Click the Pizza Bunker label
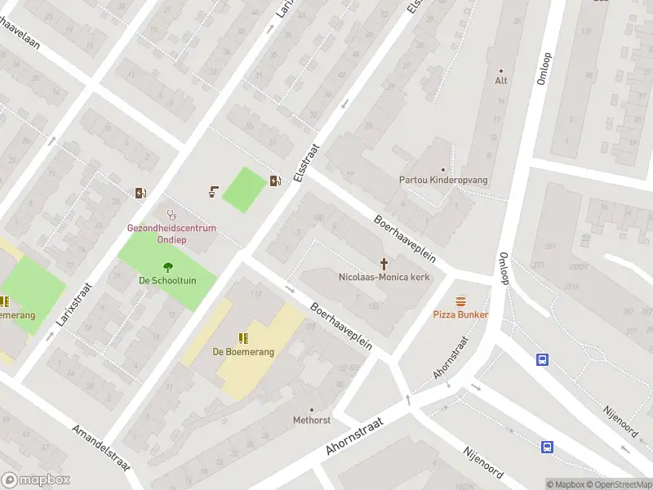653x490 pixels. (x=460, y=314)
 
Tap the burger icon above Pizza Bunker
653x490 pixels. (x=461, y=301)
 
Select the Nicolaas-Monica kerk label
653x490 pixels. (x=384, y=277)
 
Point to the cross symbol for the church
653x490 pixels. (x=384, y=263)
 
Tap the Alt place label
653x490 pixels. (x=501, y=81)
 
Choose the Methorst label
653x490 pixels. (x=311, y=420)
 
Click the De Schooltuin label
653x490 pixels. (x=167, y=280)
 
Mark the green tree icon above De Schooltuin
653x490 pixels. (x=167, y=266)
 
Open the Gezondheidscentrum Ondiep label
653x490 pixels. (x=171, y=234)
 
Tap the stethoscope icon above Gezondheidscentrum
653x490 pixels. (x=171, y=215)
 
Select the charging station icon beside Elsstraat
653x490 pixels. (x=277, y=180)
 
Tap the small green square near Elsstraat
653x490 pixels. (x=245, y=189)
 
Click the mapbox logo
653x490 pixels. (x=36, y=480)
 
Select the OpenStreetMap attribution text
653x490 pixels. (x=620, y=484)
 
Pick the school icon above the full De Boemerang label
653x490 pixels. (x=242, y=338)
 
